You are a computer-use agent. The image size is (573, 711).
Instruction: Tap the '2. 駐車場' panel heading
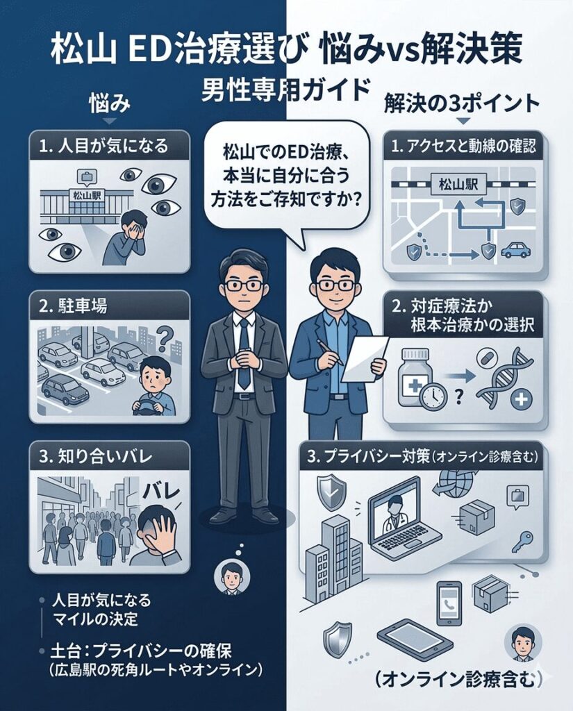click(74, 307)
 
